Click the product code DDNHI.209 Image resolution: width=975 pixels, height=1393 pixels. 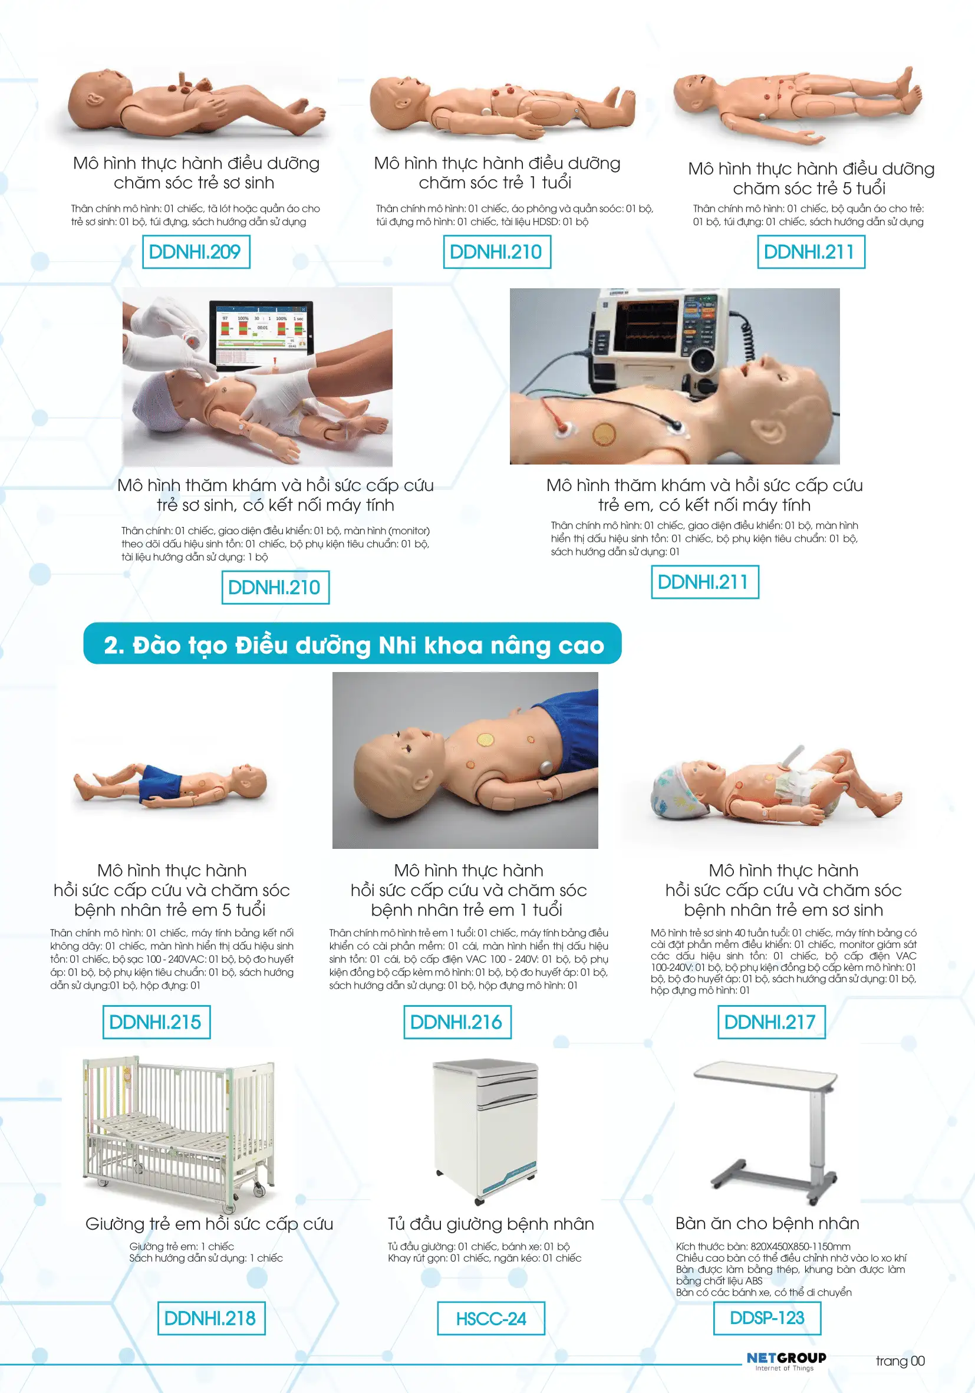click(195, 252)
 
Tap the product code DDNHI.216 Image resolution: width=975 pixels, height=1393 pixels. click(457, 1022)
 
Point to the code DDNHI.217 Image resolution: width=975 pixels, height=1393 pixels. click(771, 1022)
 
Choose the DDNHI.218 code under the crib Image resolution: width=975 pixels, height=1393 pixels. click(211, 1318)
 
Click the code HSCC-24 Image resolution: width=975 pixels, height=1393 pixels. click(491, 1318)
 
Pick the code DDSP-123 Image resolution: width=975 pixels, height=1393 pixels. click(767, 1318)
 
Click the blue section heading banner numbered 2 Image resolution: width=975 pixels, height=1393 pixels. click(353, 644)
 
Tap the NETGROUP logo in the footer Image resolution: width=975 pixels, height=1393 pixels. click(786, 1361)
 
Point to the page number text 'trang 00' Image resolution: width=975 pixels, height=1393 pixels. click(900, 1361)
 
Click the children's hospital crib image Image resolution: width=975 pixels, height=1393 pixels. click(178, 1134)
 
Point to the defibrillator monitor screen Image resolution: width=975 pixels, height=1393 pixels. click(647, 328)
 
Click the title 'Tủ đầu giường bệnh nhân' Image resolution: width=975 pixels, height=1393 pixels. click(491, 1224)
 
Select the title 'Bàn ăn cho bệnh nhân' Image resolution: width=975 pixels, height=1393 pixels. click(767, 1223)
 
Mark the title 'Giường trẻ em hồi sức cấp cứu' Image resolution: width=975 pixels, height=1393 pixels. click(209, 1224)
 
